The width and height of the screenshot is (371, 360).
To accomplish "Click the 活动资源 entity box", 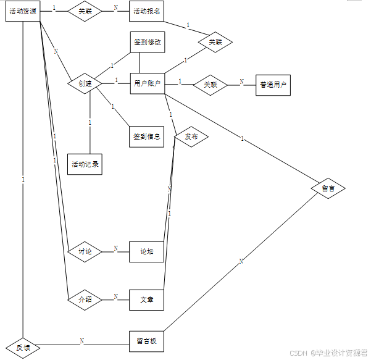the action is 23,11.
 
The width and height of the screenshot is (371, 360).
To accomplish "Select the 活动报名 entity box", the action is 147,11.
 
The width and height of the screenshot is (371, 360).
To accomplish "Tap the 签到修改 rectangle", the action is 148,42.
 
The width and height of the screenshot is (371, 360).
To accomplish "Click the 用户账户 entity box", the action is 148,83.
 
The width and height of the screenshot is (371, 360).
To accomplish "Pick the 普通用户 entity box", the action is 273,85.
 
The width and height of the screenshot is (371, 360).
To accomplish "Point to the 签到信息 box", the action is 147,137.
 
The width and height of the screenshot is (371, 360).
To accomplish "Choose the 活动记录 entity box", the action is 85,164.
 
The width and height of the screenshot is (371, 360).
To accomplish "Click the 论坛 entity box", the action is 147,252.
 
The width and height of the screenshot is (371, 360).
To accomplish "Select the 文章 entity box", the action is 147,300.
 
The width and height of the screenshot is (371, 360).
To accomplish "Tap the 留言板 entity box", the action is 147,341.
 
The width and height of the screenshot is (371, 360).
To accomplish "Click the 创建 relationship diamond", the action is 85,83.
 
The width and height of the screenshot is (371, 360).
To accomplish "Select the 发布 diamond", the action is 191,137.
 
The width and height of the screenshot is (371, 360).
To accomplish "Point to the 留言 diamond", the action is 328,188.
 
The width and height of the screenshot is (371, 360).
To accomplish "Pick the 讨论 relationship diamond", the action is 85,252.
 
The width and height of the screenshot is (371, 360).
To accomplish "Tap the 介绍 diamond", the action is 85,300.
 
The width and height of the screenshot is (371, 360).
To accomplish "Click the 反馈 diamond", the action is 23,348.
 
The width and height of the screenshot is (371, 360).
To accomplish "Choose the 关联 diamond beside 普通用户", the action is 211,85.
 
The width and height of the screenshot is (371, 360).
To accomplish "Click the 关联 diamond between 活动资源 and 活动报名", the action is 85,11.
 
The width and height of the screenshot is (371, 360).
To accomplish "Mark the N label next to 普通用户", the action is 241,82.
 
